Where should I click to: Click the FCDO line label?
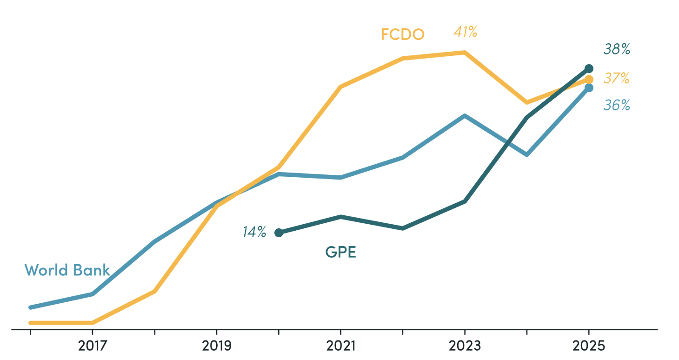(x=403, y=34)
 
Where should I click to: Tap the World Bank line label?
(x=67, y=270)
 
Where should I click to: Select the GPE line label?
(x=340, y=252)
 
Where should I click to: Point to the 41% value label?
(x=465, y=32)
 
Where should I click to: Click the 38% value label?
(x=617, y=49)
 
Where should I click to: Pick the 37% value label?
(x=617, y=78)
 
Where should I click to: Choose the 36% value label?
(x=617, y=105)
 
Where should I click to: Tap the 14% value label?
(x=254, y=232)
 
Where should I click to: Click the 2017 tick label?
(x=93, y=346)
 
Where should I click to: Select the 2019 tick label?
(x=216, y=346)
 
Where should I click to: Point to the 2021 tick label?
(x=341, y=346)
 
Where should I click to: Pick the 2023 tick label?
(x=465, y=346)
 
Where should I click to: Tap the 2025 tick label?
(x=589, y=346)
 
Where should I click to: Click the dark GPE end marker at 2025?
(x=589, y=68)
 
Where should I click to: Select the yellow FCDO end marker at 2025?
(x=589, y=80)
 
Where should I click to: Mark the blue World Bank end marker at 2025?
(x=589, y=88)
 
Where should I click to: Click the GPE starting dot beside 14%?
(x=279, y=233)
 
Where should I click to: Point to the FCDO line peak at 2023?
(x=465, y=53)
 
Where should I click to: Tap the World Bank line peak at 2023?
(x=465, y=116)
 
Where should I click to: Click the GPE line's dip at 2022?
(x=403, y=228)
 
